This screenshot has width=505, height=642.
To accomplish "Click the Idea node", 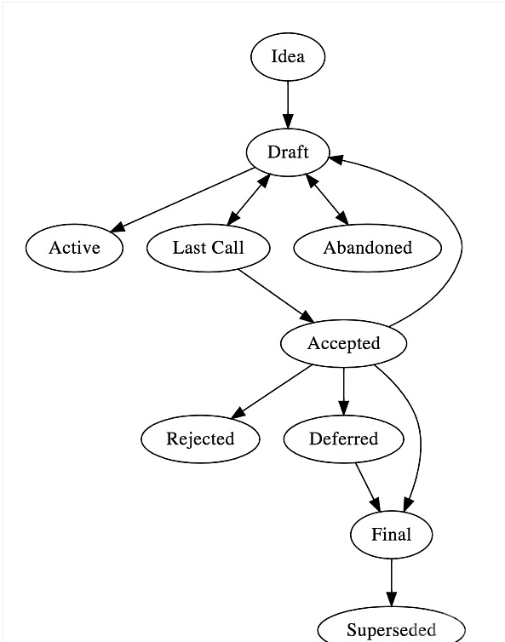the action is coord(288,57).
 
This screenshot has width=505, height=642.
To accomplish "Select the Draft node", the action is coord(288,152).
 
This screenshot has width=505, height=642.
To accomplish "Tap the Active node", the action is coord(74,248).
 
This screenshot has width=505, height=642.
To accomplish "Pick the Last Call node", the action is coord(208,248).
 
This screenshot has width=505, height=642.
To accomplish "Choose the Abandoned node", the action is coord(367,248).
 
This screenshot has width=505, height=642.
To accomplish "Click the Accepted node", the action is coord(344,343).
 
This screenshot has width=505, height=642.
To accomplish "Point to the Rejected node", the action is coord(200,439).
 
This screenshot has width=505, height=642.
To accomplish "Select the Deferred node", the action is coord(344,439).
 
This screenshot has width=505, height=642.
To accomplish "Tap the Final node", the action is coord(391,535).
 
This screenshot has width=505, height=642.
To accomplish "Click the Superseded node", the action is coord(391,627).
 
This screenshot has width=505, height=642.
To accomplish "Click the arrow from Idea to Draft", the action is coord(288,105).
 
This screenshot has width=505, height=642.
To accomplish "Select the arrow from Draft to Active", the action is coord(182,200).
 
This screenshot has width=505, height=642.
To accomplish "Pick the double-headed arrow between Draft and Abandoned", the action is coord(327,199).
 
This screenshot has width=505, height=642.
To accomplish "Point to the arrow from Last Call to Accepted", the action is coord(277,295).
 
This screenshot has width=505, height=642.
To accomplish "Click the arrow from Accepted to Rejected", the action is coord(271,392).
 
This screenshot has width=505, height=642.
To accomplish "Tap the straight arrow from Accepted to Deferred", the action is coord(344,391).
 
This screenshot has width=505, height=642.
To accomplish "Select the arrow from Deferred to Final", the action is coord(368,487).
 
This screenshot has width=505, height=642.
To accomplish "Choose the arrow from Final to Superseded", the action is coord(391,582).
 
